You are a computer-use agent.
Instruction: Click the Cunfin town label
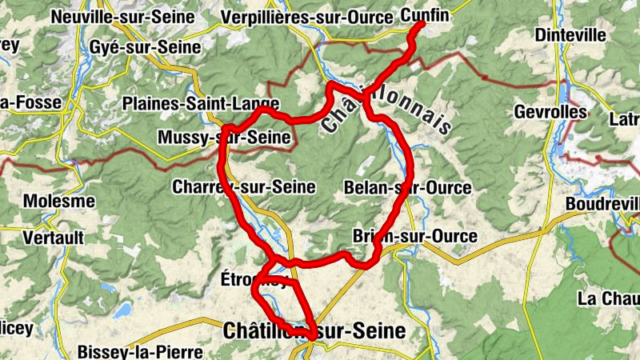point(424,14)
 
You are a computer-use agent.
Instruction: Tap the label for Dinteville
point(566,35)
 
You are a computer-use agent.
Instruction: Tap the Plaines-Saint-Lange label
point(201,104)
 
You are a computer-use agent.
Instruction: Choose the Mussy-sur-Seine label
point(224,138)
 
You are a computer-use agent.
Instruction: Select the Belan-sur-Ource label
point(407,187)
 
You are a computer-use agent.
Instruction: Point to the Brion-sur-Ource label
point(414,236)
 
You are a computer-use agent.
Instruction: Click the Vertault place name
point(54,238)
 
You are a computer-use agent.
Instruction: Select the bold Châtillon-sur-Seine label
point(315,330)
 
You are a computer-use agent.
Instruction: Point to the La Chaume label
point(608,298)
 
